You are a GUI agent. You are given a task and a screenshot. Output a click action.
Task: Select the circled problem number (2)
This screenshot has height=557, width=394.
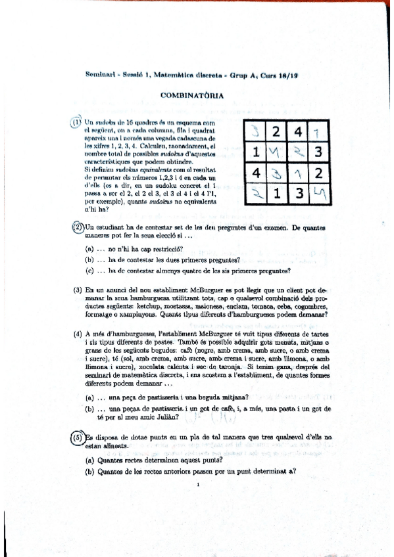point(77,227)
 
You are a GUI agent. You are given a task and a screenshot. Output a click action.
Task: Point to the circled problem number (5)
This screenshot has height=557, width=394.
point(77,437)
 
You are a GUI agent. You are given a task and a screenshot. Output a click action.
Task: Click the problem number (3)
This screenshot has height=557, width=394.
point(77,290)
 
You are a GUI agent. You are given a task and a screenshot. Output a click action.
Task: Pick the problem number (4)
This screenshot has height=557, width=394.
point(77,334)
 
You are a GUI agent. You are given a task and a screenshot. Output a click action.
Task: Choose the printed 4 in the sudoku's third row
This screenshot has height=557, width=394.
point(255,175)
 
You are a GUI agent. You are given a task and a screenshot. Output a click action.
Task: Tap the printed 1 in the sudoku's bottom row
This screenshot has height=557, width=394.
point(276,195)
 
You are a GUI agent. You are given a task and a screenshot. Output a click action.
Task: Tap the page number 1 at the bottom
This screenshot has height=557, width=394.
point(197,485)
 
